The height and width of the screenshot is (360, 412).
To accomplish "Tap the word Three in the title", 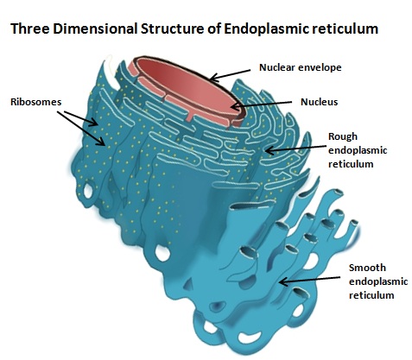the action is pyautogui.click(x=30, y=28).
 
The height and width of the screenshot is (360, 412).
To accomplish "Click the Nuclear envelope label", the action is pyautogui.click(x=301, y=67).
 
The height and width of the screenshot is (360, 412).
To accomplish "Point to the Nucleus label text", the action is pyautogui.click(x=319, y=102).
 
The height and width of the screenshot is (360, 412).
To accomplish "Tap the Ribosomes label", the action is pyautogui.click(x=36, y=102).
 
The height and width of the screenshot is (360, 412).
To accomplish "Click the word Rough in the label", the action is pyautogui.click(x=343, y=136).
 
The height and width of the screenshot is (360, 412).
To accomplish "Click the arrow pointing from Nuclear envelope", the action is pyautogui.click(x=230, y=74).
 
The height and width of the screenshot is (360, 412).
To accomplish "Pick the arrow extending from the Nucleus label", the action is pyautogui.click(x=262, y=104).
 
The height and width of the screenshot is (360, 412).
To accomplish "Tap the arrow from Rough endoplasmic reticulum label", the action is pyautogui.click(x=295, y=148).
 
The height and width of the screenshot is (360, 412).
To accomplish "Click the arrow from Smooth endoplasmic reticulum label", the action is pyautogui.click(x=309, y=280).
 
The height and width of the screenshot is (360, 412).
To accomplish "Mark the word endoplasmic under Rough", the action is pyautogui.click(x=358, y=151).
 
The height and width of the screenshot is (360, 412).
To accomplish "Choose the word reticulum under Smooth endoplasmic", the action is pyautogui.click(x=371, y=295).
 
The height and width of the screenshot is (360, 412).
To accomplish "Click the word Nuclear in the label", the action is pyautogui.click(x=277, y=67).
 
